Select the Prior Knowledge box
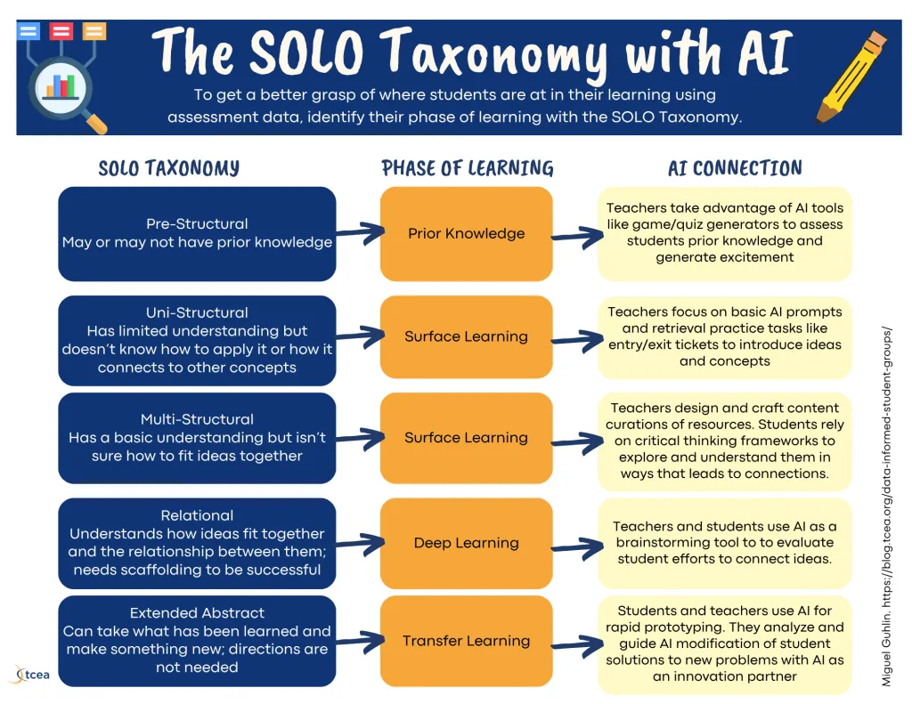click(x=467, y=234)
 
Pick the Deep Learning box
click(x=467, y=543)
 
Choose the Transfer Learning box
click(x=467, y=641)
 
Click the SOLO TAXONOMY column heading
click(x=168, y=168)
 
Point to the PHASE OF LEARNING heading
click(x=468, y=168)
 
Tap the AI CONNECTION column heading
click(x=735, y=168)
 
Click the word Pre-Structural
click(x=197, y=223)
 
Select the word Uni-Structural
click(x=197, y=312)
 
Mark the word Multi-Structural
click(x=197, y=419)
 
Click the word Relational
click(x=197, y=515)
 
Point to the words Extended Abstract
click(x=197, y=612)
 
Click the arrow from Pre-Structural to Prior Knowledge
click(x=360, y=232)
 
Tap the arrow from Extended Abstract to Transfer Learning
click(x=360, y=641)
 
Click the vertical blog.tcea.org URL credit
click(x=886, y=506)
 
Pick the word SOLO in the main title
click(x=306, y=53)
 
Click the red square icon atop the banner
click(x=61, y=31)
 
